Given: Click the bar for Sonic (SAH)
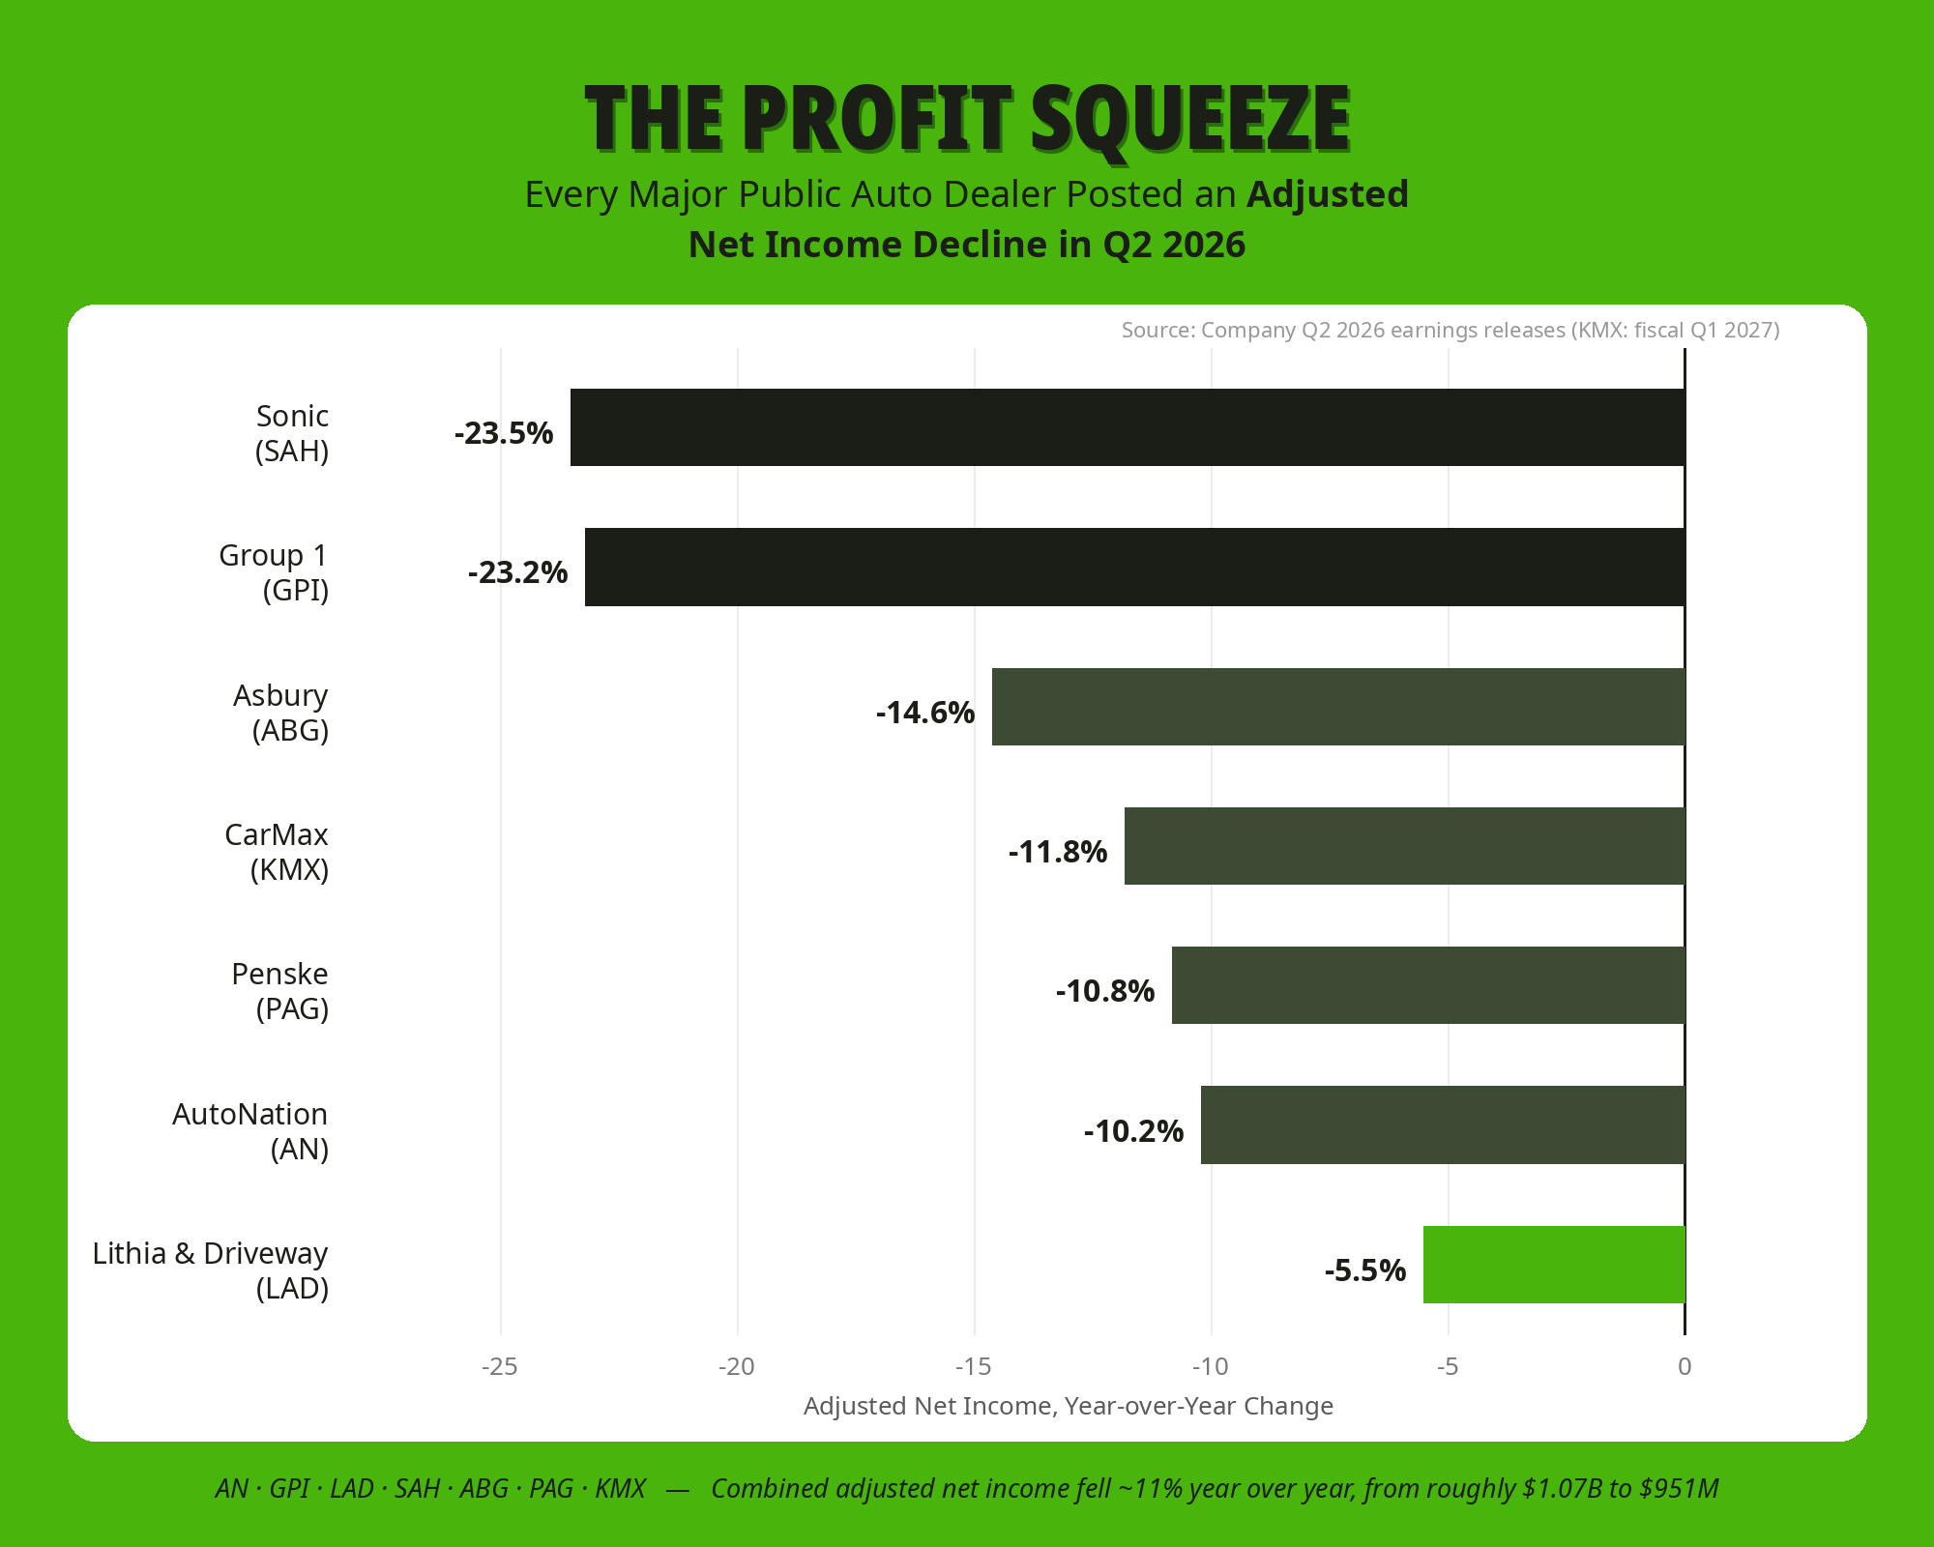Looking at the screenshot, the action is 1128,427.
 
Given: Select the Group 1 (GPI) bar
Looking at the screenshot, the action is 1135,567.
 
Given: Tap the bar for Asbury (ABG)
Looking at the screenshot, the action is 1338,707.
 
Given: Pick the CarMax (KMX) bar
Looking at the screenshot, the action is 1405,846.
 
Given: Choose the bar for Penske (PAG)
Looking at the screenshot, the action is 1428,985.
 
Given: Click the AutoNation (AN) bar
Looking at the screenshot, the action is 1443,1124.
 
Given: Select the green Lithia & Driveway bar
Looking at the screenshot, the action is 1554,1265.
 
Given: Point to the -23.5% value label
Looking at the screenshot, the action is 504,433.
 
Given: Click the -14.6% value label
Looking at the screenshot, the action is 925,713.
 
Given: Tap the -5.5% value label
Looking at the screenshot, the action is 1365,1270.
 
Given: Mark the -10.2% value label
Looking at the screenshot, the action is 1134,1131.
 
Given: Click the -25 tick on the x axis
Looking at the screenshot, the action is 500,1366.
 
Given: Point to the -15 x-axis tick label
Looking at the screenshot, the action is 974,1366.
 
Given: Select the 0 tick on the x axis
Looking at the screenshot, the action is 1685,1366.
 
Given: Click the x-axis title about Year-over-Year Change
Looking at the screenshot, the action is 1069,1406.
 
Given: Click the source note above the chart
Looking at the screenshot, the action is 1450,330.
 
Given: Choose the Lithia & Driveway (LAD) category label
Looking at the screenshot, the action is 211,1270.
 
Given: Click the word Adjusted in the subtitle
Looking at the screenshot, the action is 1328,195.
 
